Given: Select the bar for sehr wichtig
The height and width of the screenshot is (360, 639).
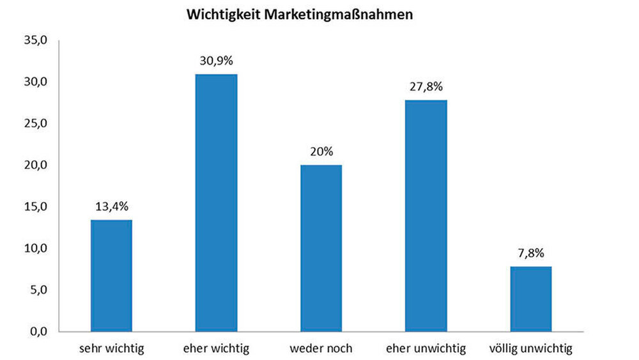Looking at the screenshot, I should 111,276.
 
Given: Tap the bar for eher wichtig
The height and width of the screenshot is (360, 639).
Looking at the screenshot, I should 216,203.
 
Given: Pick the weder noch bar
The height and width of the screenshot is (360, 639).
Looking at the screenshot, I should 321,248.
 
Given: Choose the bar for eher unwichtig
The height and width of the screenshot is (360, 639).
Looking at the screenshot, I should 426,215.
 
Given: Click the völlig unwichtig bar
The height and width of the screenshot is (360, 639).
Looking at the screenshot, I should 530,299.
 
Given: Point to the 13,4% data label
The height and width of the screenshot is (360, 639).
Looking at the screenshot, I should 111,207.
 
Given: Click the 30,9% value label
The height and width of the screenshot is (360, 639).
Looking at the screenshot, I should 216,61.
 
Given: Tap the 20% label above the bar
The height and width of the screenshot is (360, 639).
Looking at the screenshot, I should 321,152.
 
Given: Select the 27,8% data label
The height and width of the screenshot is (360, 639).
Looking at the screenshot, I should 426,87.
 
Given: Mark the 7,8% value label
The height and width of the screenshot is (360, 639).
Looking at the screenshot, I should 530,253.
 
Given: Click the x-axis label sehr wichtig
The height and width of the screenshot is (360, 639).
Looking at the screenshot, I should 112,349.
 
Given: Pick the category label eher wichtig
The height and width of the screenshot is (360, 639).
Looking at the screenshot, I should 216,349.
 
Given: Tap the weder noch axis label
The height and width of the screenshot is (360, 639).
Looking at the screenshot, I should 321,349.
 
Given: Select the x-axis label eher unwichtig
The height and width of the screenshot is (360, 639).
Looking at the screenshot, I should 426,349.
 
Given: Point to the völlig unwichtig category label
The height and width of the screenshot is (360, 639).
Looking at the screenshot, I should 531,349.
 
